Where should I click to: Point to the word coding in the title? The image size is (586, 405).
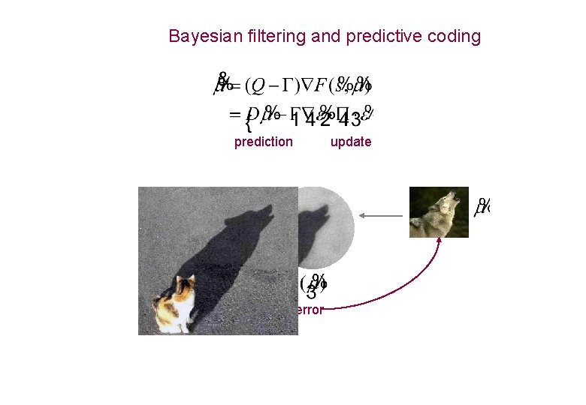coord(454,37)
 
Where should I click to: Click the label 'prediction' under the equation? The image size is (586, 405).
coord(263,142)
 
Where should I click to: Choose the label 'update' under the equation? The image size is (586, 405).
coord(351,142)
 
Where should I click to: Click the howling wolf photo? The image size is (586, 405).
coord(439,212)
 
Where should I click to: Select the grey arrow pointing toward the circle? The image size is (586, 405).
coord(381,215)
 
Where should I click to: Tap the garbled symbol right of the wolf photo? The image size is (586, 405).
coord(482,206)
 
